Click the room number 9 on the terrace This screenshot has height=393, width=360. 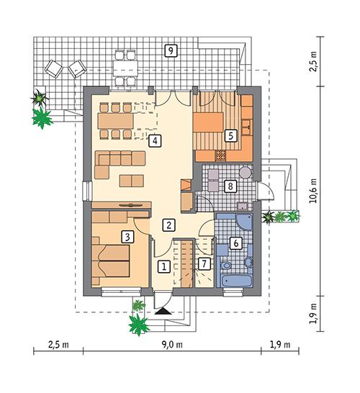point(170,50)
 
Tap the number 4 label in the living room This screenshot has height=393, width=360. point(154,140)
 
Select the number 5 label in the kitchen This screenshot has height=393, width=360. point(230,134)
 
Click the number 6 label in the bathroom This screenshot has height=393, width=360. point(235,243)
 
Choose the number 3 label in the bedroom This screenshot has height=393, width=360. point(127,235)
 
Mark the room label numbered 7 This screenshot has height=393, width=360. point(204,265)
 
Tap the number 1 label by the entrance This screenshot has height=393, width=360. point(164,266)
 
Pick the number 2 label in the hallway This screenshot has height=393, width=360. point(167,225)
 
